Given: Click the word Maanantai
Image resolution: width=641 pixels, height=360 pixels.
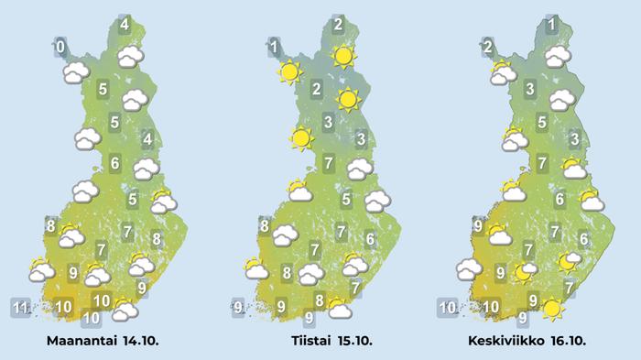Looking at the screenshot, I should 84,341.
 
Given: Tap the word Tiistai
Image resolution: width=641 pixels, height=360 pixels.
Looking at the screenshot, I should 307,341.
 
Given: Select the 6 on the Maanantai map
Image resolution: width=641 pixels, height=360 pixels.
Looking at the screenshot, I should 115,164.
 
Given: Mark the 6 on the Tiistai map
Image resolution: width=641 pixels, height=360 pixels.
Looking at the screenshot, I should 370,239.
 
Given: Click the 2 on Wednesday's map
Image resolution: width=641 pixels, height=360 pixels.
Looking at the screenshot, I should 488,47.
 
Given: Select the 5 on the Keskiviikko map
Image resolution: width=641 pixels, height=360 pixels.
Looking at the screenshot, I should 542,122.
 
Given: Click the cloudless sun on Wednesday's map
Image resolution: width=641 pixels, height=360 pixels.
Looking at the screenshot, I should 551,309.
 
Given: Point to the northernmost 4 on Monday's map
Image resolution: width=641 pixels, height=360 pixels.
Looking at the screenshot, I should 125,25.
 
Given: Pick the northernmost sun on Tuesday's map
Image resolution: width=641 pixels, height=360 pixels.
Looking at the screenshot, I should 343,57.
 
